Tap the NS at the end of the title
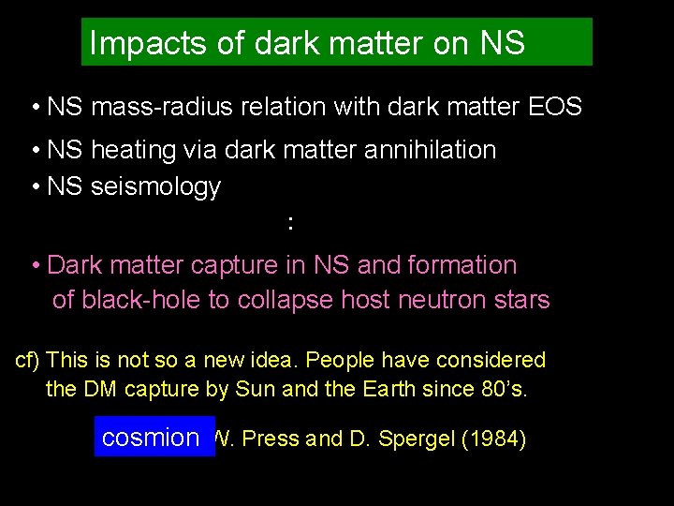tap(502, 43)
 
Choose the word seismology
tap(155, 186)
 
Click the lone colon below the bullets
tap(291, 223)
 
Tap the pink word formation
tap(462, 265)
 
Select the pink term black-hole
tap(134, 301)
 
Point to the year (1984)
tap(494, 439)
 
